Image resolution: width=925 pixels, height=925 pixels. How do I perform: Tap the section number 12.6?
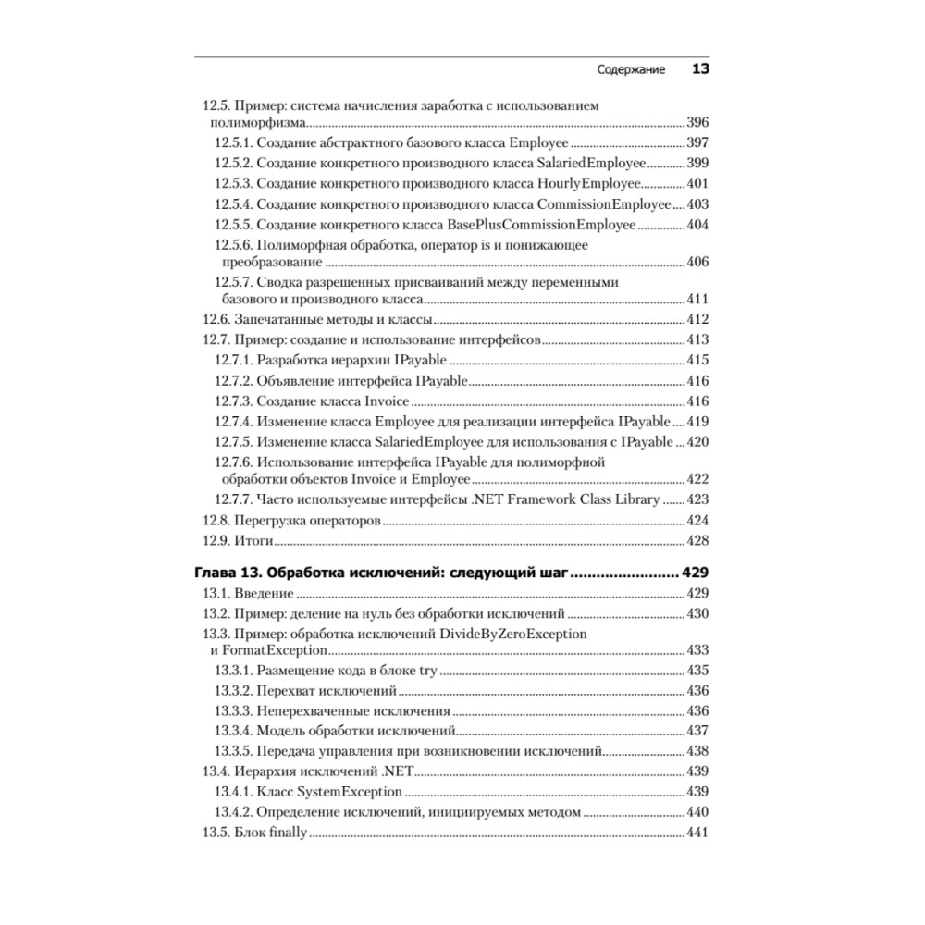tap(215, 320)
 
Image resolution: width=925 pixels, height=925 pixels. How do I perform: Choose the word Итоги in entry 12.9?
tap(252, 540)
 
